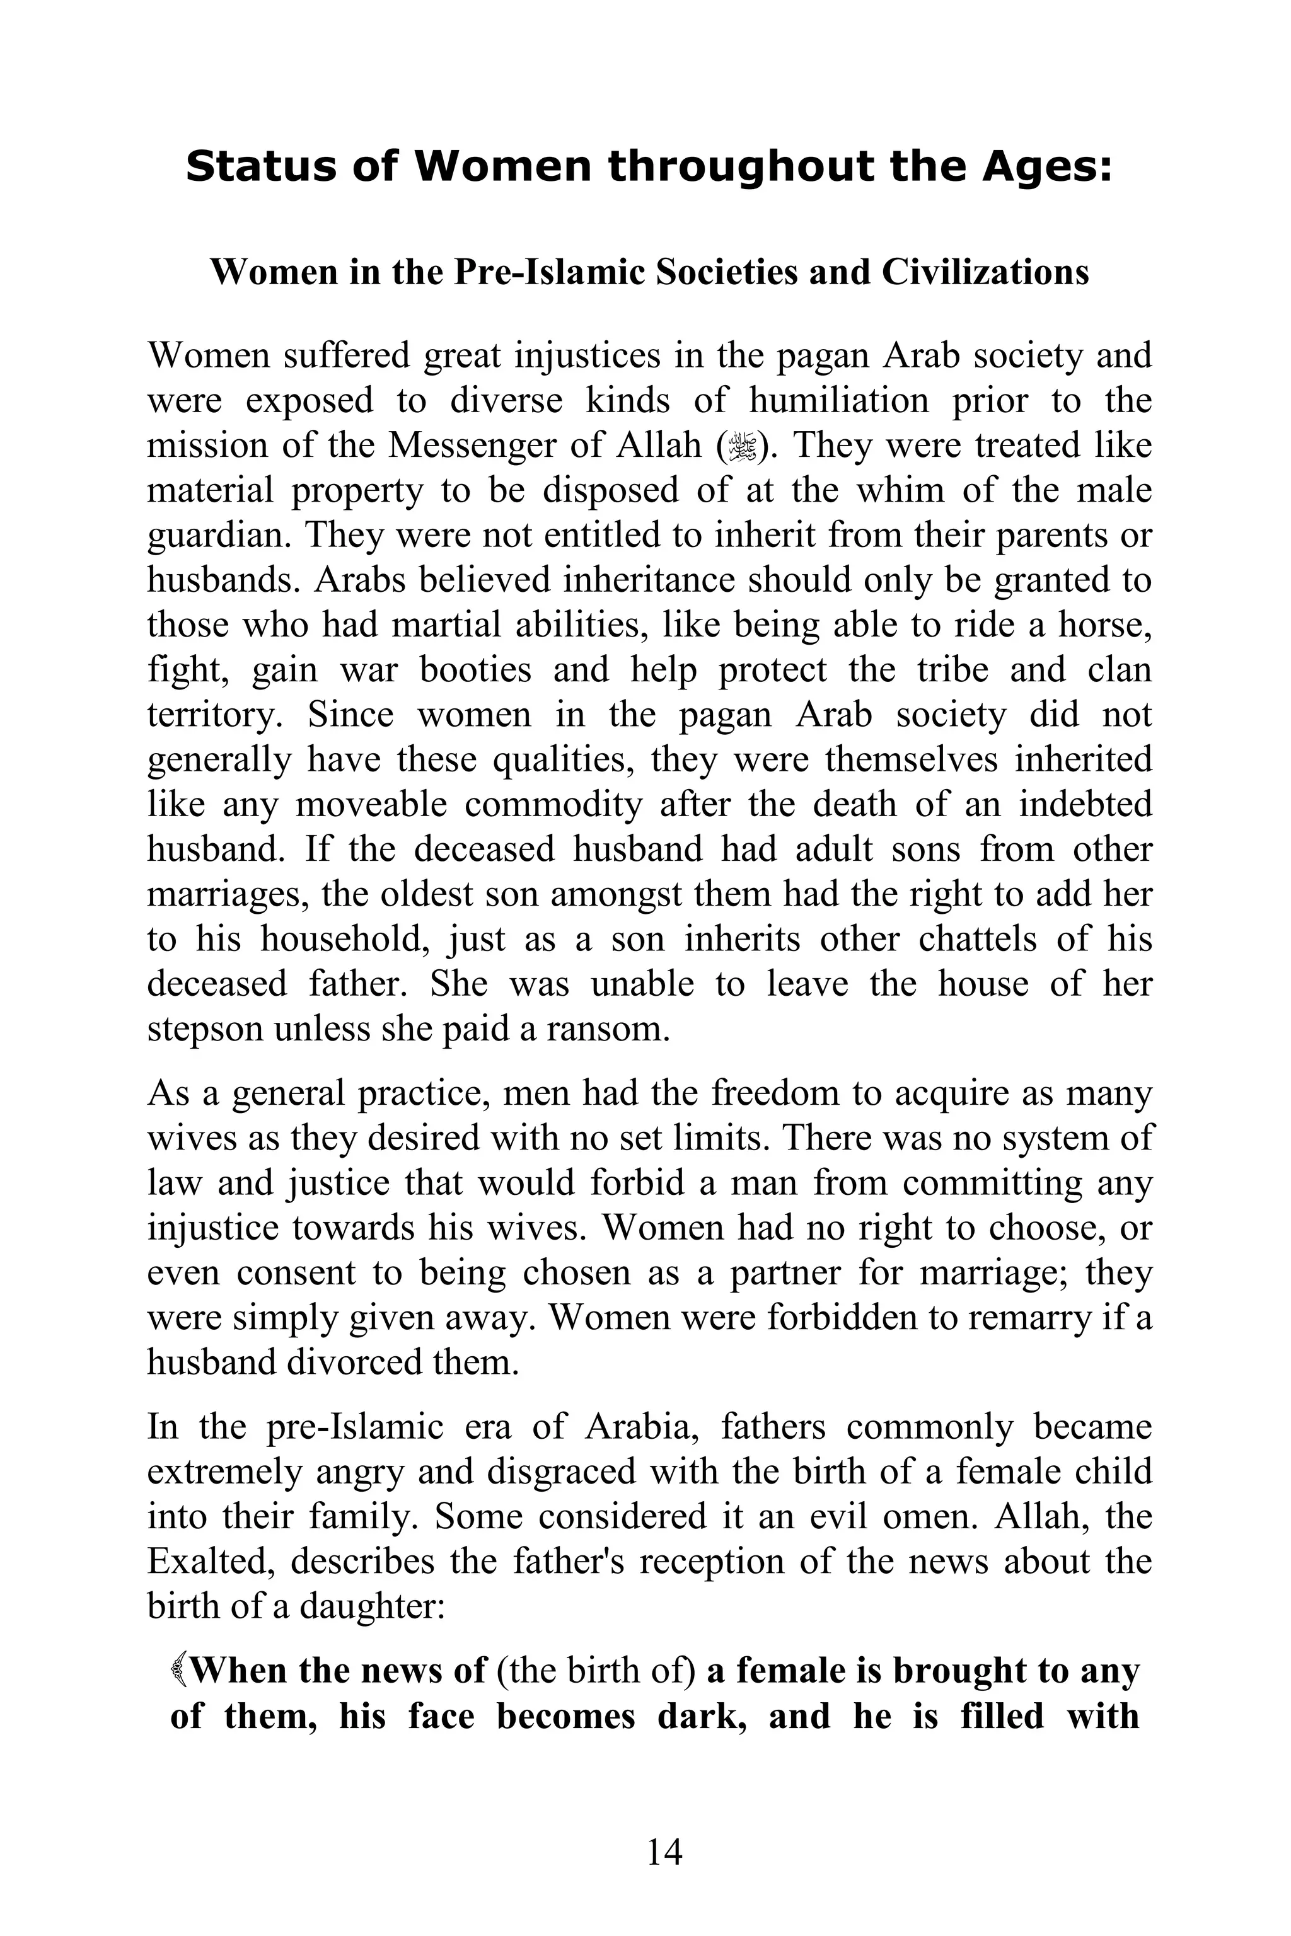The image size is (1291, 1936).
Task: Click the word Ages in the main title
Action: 1045,167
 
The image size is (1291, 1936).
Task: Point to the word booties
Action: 476,670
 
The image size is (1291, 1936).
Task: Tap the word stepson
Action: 204,1029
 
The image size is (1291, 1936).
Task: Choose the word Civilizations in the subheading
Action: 985,272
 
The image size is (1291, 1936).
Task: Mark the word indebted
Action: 1085,804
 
